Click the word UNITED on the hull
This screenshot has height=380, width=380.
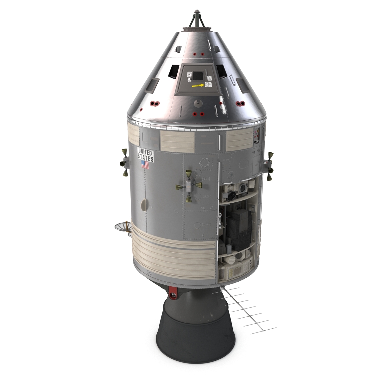click(145, 152)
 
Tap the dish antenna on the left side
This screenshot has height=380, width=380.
click(122, 227)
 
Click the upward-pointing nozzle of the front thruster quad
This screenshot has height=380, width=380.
click(188, 173)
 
